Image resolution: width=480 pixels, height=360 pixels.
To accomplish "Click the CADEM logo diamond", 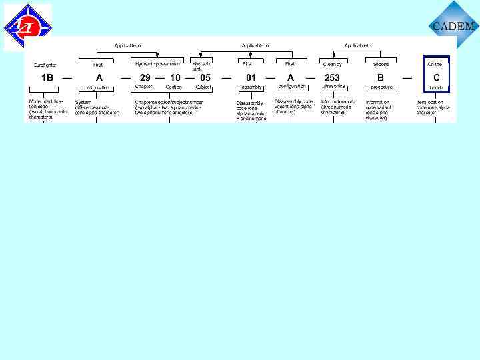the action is (x=454, y=25).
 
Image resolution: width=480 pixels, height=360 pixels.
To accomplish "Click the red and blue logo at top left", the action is (x=27, y=26).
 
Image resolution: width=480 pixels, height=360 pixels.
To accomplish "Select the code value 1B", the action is (x=47, y=77).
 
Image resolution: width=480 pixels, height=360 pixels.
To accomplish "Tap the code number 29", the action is (x=145, y=77).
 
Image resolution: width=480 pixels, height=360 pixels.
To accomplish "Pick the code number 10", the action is (x=175, y=77).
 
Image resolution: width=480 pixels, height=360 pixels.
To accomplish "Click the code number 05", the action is (x=205, y=77).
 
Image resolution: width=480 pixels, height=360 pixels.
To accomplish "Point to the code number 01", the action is (x=251, y=77).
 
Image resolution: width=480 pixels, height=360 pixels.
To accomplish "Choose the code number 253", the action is (x=332, y=77).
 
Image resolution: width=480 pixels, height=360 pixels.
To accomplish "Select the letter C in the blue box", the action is (x=437, y=77).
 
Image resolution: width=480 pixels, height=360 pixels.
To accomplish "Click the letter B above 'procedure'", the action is (x=381, y=77).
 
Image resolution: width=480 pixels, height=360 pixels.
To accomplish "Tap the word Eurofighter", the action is (x=45, y=65).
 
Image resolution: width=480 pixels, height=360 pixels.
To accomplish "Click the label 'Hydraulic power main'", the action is (x=157, y=64).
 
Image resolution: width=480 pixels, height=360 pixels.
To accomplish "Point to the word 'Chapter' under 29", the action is (x=144, y=87).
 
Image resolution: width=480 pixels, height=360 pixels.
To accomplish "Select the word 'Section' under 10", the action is (x=173, y=87).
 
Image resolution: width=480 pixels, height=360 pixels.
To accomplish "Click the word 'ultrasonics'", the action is (x=333, y=87).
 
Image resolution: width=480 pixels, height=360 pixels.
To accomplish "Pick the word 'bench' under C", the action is (x=436, y=87).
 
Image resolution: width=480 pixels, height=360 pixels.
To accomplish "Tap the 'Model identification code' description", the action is (x=47, y=109).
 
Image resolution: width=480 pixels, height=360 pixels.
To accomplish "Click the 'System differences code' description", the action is (x=97, y=107).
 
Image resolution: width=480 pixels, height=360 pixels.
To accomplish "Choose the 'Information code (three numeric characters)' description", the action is (x=338, y=107).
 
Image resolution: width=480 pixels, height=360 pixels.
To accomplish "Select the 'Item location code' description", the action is (x=433, y=107).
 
